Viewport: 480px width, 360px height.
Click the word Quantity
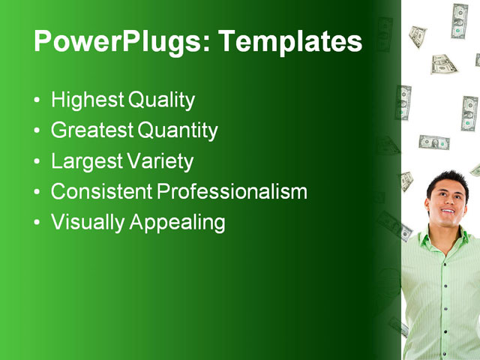click(178, 131)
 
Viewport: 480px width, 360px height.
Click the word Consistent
click(101, 192)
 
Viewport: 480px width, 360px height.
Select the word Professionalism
click(232, 192)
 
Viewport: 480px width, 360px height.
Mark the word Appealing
click(177, 223)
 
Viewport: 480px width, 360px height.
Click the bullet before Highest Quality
click(38, 101)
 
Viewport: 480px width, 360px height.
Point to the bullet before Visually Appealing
click(38, 223)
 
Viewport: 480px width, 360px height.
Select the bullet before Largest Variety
click(38, 162)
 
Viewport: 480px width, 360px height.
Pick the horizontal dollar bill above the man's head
click(433, 142)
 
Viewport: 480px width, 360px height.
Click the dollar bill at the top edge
click(459, 20)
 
